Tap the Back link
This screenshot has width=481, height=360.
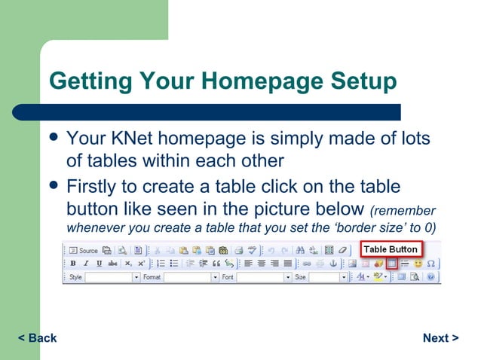pyautogui.click(x=37, y=338)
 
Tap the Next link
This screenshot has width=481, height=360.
pyautogui.click(x=441, y=338)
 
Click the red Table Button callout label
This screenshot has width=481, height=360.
pyautogui.click(x=390, y=249)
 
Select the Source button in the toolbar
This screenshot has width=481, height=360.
pyautogui.click(x=84, y=250)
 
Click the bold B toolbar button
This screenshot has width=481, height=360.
pyautogui.click(x=73, y=264)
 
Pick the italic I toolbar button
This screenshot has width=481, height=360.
pyautogui.click(x=87, y=264)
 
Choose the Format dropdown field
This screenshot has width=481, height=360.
pyautogui.click(x=189, y=277)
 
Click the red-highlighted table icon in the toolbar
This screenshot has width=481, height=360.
pyautogui.click(x=391, y=264)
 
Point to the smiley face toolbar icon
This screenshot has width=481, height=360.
pyautogui.click(x=418, y=264)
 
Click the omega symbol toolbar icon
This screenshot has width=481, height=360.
pyautogui.click(x=430, y=264)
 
